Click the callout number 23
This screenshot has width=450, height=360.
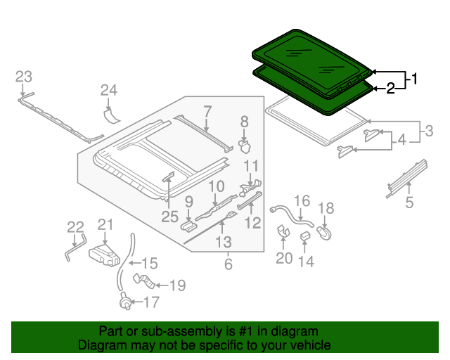pos(24,77)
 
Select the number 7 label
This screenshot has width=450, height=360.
pos(207,110)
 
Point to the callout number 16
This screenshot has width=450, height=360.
pos(301,201)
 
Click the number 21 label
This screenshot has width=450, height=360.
pos(105,224)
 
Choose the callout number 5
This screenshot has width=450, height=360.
pos(409,204)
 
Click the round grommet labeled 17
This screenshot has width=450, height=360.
pos(124,304)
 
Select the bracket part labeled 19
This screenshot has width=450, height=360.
pos(143,283)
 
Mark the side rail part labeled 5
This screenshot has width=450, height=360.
pos(407,176)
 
